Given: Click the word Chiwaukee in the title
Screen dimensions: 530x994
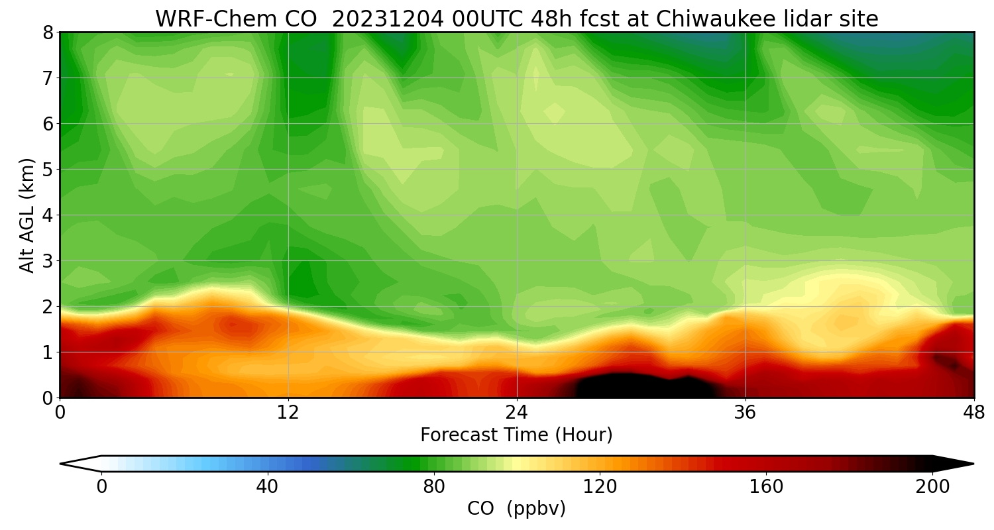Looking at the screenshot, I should [x=710, y=19].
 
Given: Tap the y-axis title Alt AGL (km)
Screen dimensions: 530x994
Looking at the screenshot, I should [x=27, y=215].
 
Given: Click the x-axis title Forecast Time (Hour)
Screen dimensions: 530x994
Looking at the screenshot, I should [x=516, y=435].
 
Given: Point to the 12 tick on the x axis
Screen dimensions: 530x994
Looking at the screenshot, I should [x=288, y=412].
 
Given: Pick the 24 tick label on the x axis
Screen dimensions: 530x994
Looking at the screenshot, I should [x=517, y=412].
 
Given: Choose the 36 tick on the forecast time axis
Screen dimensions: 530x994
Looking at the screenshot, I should [x=745, y=412].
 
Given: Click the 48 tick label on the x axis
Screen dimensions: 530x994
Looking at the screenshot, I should [x=973, y=412].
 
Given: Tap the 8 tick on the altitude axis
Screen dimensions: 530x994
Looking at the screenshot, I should [x=48, y=32].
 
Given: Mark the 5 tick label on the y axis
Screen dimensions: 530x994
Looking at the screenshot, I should [x=48, y=170].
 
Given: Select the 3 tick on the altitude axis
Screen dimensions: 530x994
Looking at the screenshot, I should [x=48, y=261].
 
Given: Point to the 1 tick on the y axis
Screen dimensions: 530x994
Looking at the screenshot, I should [x=48, y=352].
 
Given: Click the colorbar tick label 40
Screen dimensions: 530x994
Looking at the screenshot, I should [x=267, y=487].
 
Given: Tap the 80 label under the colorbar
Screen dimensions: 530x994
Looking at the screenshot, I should [x=434, y=487].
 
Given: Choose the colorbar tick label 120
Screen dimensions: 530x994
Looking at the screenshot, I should [x=600, y=487].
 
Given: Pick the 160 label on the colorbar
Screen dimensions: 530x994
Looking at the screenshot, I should [x=767, y=487].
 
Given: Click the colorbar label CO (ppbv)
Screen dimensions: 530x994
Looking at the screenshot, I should [x=516, y=509].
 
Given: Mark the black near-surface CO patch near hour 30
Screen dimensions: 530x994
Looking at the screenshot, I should [x=630, y=386].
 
